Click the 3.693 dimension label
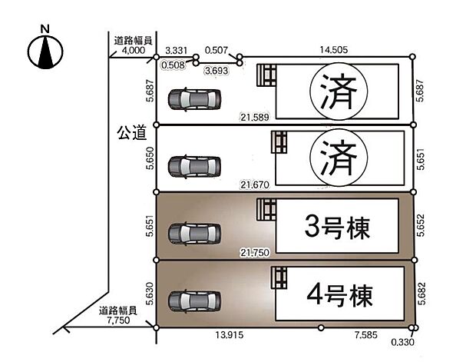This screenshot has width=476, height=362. [x=217, y=70]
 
